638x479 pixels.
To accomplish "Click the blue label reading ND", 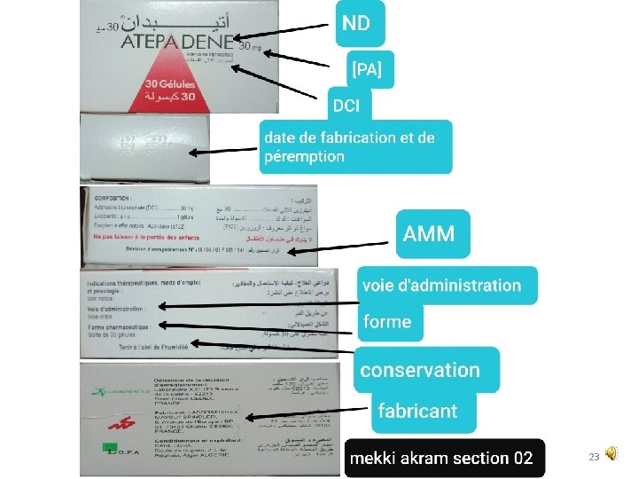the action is click(357, 23).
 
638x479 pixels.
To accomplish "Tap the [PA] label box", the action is click(367, 69).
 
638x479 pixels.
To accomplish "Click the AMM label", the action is click(429, 234).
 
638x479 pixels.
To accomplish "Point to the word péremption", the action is click(304, 157).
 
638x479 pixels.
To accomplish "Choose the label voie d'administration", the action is click(440, 286).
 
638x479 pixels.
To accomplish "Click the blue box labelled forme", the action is click(387, 322).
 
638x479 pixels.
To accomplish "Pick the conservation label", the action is click(420, 370).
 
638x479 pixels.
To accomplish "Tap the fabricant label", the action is click(417, 411).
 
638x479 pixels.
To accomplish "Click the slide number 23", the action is click(595, 457).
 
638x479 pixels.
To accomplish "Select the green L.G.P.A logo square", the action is click(111, 449).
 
